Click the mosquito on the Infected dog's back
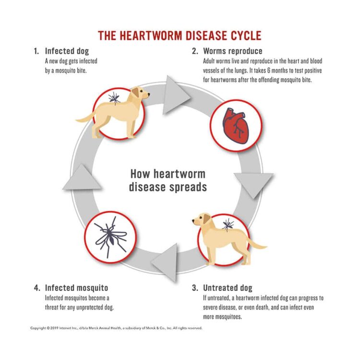click(x=114, y=98)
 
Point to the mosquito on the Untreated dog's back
click(x=228, y=223)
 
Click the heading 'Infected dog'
click(x=67, y=51)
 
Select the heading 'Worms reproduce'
click(x=233, y=51)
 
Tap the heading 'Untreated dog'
click(x=228, y=288)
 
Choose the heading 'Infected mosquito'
click(x=76, y=288)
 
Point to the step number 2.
click(x=195, y=51)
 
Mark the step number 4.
click(x=36, y=288)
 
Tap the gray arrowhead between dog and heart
click(x=174, y=95)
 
